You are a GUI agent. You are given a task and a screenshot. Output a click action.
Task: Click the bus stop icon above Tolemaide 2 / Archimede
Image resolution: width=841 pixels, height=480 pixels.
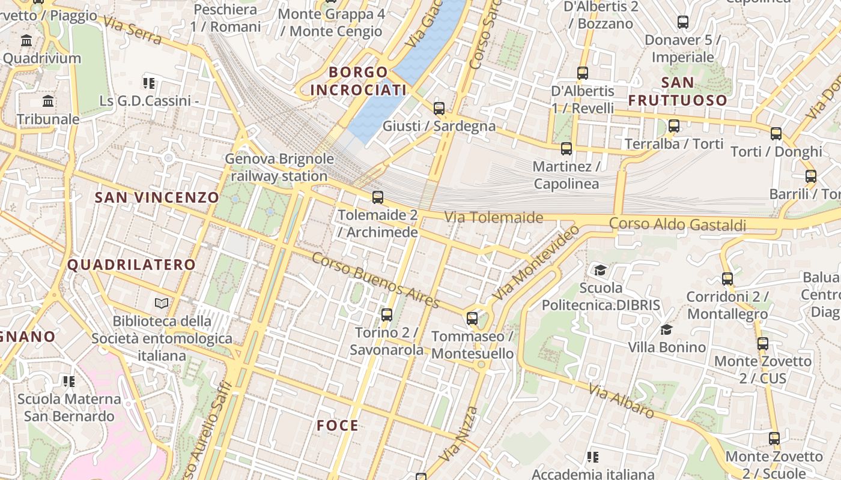click(x=378, y=197)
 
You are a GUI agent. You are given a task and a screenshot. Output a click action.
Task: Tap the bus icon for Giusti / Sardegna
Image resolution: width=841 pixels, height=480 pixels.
click(x=439, y=109)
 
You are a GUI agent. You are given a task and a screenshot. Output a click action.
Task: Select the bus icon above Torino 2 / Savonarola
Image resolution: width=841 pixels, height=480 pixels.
click(x=387, y=314)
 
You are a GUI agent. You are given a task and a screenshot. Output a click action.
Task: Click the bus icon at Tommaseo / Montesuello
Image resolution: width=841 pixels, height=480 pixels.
click(x=472, y=318)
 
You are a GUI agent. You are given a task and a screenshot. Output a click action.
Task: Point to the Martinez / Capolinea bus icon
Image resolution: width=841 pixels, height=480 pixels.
click(x=566, y=148)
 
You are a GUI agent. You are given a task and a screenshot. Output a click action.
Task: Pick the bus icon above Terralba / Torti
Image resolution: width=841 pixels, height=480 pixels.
click(x=674, y=126)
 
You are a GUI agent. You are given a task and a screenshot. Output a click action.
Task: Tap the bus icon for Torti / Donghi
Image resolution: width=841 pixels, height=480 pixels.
click(x=776, y=134)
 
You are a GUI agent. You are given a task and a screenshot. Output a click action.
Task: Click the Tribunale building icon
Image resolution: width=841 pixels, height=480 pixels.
click(x=48, y=101)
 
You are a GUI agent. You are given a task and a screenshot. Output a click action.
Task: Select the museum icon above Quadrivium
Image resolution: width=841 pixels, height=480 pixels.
click(x=26, y=41)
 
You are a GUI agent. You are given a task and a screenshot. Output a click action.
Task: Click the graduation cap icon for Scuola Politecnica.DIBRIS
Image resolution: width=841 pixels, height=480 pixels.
click(x=600, y=270)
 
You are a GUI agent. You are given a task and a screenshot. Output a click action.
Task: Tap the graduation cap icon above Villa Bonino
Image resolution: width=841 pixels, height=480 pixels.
click(x=666, y=329)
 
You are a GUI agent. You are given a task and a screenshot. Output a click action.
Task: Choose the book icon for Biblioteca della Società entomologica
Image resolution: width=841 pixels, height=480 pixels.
click(x=162, y=303)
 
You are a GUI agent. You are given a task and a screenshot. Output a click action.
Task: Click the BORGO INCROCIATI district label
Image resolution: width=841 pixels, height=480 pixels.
click(x=358, y=81)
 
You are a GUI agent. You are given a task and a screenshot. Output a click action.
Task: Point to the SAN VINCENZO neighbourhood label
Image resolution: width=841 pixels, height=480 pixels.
click(x=157, y=197)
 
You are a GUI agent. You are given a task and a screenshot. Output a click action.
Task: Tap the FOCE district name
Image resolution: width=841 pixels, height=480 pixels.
click(x=338, y=425)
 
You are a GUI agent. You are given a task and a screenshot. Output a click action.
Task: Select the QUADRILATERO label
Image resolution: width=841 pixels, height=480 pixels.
click(x=132, y=265)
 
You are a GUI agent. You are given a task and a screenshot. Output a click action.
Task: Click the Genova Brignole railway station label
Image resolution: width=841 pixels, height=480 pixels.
click(x=279, y=167)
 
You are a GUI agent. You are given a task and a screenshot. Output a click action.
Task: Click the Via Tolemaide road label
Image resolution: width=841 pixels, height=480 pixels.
click(x=494, y=217)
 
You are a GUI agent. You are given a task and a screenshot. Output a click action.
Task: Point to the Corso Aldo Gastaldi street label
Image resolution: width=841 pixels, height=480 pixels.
click(x=678, y=224)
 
